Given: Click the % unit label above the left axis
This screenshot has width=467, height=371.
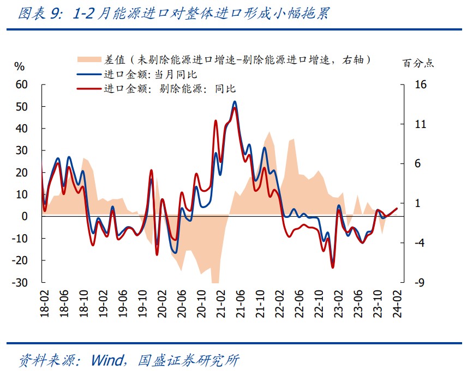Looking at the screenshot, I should tap(20, 66).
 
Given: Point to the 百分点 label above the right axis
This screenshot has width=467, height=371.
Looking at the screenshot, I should tap(418, 63).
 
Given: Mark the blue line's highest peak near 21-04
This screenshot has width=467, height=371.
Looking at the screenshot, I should tap(235, 101).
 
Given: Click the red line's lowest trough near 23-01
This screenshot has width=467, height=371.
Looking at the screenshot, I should tap(332, 267).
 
